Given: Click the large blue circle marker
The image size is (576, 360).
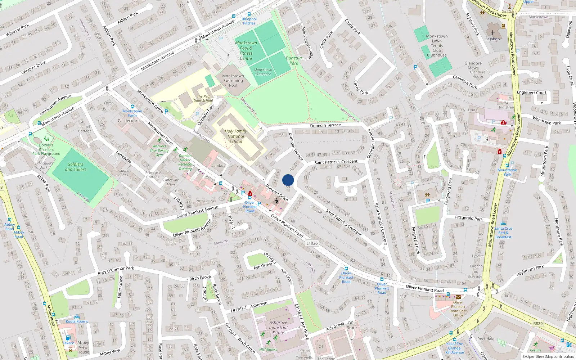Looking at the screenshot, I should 288,180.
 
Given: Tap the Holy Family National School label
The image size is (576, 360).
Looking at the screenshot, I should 236,136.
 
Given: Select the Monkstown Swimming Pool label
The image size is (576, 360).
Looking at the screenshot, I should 233,81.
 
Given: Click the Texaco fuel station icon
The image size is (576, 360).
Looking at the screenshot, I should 68,338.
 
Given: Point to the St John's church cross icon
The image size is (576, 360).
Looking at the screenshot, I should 493,33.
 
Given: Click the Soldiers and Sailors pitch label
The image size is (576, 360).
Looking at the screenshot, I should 76,167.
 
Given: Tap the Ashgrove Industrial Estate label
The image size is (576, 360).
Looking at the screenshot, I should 278,328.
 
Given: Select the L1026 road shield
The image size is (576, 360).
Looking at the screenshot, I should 312,243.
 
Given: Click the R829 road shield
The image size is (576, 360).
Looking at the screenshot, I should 538,323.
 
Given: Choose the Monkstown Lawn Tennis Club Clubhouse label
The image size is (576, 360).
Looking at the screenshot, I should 437,46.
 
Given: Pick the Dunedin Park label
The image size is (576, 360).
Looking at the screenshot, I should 294,60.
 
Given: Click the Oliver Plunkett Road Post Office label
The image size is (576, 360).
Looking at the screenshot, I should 458,309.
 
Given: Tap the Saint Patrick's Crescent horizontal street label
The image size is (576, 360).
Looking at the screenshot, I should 336,162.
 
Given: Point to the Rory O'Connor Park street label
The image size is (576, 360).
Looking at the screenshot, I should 116,270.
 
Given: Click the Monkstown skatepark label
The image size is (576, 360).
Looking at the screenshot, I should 263,72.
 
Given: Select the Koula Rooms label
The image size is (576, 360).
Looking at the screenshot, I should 77,321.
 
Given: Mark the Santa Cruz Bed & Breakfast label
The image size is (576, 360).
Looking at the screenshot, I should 503,233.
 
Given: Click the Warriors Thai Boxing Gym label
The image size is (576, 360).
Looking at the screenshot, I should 159,150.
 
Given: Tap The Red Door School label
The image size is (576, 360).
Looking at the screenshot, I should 203,99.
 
